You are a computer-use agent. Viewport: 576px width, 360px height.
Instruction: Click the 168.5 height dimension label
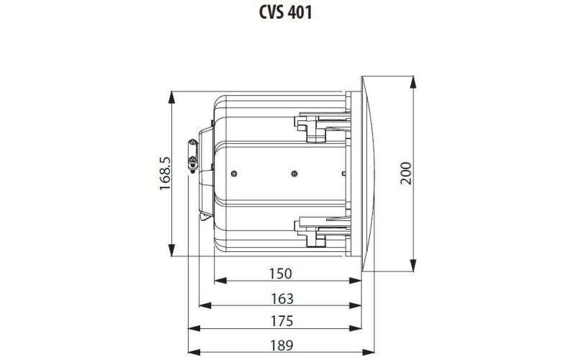point(165,174)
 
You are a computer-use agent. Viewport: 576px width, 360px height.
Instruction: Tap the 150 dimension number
point(281,273)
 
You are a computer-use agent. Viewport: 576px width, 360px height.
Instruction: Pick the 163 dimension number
point(281,298)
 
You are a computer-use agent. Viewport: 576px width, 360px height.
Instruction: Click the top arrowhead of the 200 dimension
point(413,78)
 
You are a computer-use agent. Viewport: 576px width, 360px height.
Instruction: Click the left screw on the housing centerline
point(235,173)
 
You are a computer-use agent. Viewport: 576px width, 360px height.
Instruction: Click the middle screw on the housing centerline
point(293,173)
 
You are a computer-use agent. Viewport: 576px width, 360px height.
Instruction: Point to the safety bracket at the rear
point(193,156)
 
